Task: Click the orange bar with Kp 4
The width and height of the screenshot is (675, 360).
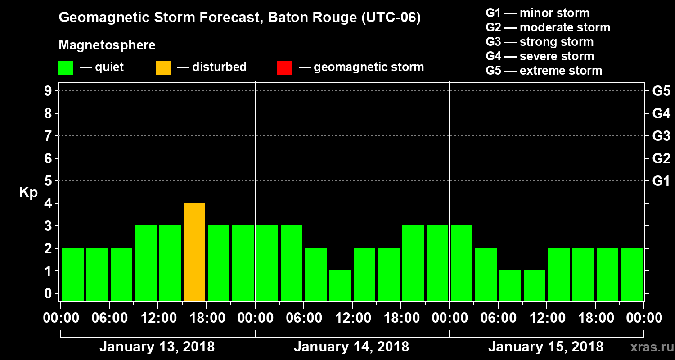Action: point(194,252)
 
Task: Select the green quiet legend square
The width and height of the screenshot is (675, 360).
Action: point(66,67)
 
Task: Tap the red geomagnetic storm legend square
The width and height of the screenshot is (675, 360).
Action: point(284,67)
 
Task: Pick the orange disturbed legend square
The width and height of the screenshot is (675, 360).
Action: point(163,67)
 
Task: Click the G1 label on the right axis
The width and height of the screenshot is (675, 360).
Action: point(661,181)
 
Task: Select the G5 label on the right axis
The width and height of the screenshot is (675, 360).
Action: point(661,91)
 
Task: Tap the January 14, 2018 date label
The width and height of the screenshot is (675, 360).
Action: point(351,347)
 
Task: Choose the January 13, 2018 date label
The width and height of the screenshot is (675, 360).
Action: point(157,347)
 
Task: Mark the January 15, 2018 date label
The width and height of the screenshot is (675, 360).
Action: point(546,347)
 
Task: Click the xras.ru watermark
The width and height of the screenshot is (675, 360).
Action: point(648,347)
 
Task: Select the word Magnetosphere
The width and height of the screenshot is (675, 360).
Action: point(107,45)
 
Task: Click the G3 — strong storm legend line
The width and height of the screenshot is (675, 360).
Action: point(540,42)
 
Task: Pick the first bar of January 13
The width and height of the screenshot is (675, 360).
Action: point(73,274)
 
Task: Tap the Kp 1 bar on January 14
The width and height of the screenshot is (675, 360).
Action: point(340,285)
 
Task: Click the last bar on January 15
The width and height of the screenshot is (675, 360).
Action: point(632,274)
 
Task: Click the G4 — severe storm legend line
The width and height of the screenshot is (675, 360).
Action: point(540,56)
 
